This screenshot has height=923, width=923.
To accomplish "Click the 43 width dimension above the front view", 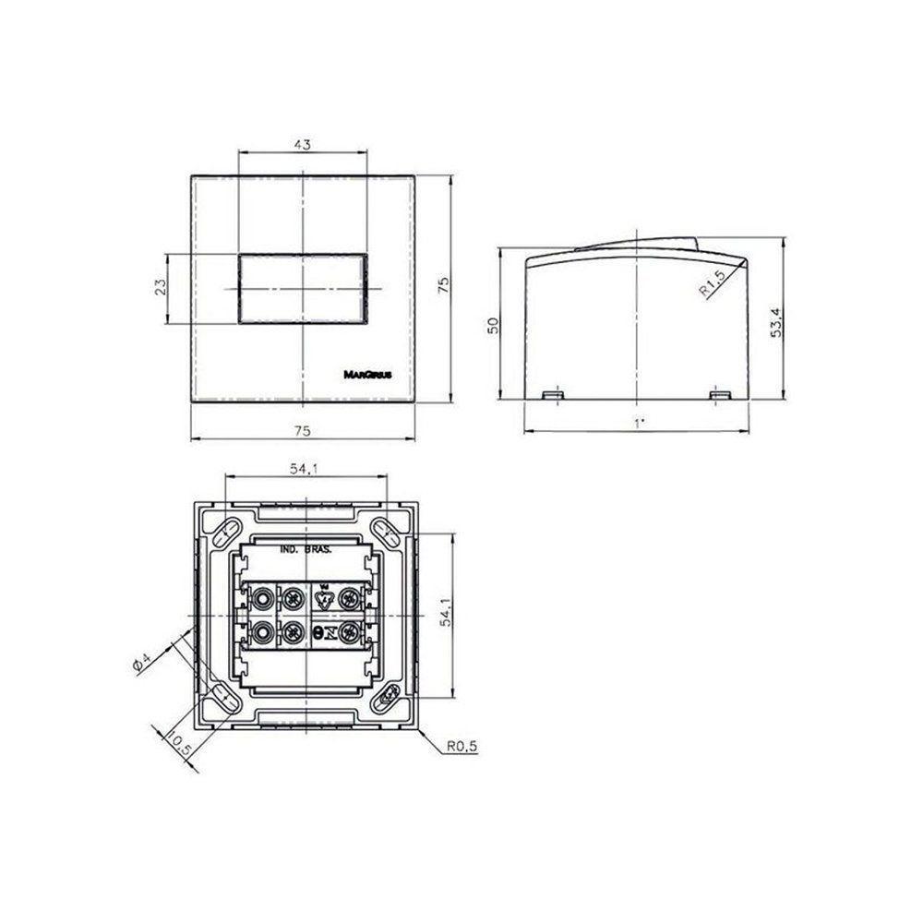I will [x=303, y=144].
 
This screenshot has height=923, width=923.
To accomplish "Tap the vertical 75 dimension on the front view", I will [x=443, y=287].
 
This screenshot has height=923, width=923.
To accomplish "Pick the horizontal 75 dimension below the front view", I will [x=303, y=430].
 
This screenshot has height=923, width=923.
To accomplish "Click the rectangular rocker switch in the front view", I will [x=303, y=288].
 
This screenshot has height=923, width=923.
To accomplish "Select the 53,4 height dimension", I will [x=777, y=322].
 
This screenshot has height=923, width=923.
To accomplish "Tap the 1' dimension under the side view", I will [x=637, y=422].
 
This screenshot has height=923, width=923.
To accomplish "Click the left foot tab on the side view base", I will [x=553, y=395].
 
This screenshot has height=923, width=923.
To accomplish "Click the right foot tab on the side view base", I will [x=721, y=395].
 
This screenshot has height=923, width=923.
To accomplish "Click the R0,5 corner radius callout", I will [x=459, y=749].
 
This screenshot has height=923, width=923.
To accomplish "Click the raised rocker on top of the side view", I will [x=637, y=245].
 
